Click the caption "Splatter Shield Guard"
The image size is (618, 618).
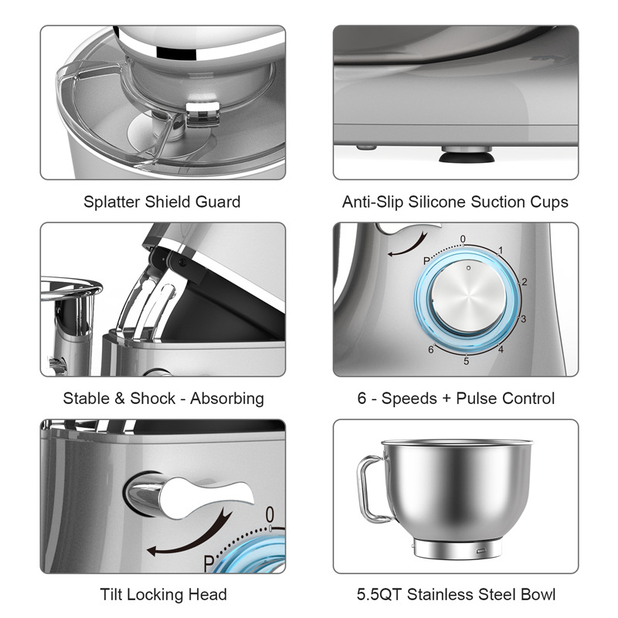[x=162, y=202]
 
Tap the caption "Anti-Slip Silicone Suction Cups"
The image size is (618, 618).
[x=455, y=202]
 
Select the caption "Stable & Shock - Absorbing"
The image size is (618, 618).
[x=163, y=398]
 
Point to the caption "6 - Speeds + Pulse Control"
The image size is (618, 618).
[x=456, y=398]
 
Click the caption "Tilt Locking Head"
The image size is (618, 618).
[x=164, y=594]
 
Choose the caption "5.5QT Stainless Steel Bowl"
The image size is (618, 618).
[x=456, y=594]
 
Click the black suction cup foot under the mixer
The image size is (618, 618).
[x=467, y=157]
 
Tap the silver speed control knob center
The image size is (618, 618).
[x=469, y=297]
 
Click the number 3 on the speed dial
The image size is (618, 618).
[x=524, y=318]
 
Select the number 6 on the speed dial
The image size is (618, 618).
[x=431, y=350]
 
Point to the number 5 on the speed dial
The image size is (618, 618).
[x=467, y=361]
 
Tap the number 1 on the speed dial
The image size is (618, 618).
[x=501, y=250]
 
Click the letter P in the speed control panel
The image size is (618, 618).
[x=426, y=261]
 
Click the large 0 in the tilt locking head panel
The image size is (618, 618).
[x=270, y=514]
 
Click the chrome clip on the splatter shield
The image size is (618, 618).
[x=202, y=114]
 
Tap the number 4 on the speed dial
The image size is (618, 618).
[x=501, y=349]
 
